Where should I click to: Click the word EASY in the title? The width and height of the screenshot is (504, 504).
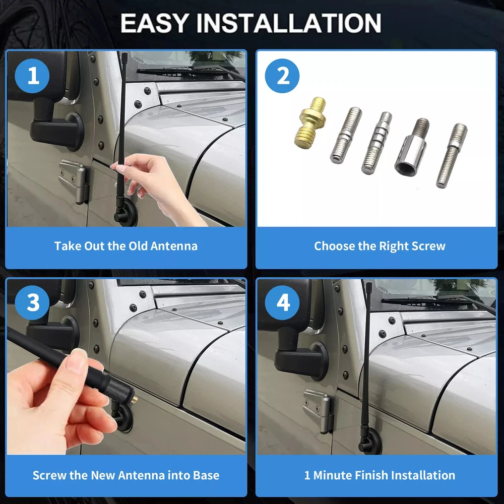coord(154,23)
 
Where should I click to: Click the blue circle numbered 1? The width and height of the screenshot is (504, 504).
coord(32,76)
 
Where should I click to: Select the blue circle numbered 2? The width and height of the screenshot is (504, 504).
coord(282,76)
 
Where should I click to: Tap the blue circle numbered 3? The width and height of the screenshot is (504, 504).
coord(32,302)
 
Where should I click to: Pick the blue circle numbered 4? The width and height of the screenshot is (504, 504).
coord(282,302)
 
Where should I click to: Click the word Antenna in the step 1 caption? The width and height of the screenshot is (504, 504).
coord(174,246)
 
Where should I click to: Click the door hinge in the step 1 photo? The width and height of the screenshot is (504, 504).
coord(74,180)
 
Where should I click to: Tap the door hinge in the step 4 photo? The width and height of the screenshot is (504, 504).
coord(318,411)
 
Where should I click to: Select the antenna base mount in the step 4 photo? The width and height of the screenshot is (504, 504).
coord(370,442)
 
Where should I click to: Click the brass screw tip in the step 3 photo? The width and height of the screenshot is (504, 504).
coord(135,400)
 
